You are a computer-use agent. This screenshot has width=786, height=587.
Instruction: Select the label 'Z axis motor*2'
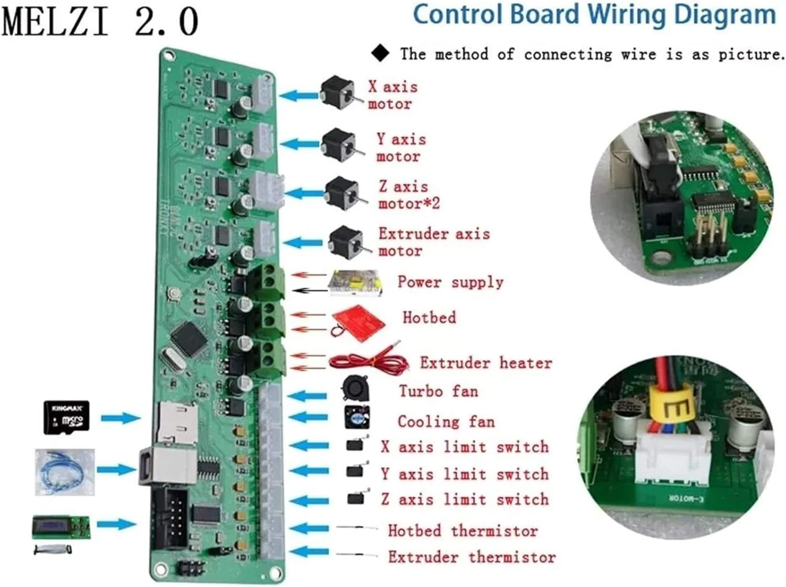[x=408, y=194]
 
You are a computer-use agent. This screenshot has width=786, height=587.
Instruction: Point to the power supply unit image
[x=354, y=282]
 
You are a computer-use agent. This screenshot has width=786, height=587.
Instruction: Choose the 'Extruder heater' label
[x=485, y=363]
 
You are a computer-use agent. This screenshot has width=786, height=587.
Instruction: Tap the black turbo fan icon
[x=355, y=388]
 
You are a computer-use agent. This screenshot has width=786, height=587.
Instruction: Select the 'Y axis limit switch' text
[x=464, y=474]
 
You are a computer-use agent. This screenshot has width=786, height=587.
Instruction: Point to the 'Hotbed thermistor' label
[x=462, y=530]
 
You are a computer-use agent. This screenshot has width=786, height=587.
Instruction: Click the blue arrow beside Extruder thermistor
[x=309, y=552]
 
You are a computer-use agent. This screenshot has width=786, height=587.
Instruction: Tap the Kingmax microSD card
[x=66, y=418]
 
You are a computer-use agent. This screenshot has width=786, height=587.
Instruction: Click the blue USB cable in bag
[x=65, y=472]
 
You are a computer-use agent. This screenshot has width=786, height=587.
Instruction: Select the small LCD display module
[x=61, y=527]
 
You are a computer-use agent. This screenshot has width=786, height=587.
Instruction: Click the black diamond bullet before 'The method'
[x=380, y=53]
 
